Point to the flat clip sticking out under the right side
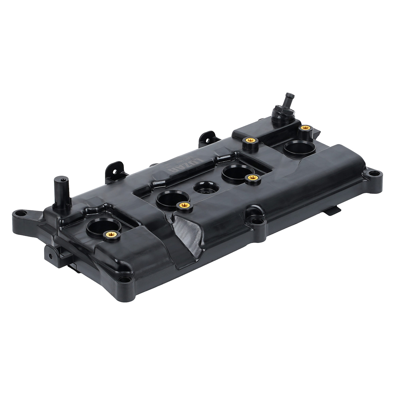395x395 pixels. [x=332, y=211]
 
